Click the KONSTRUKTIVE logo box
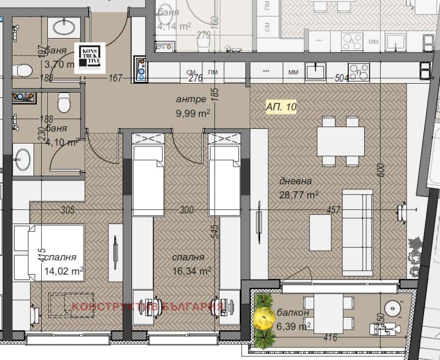90,56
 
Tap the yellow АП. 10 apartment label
280,107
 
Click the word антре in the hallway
191,100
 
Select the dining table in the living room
340,142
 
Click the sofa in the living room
358,231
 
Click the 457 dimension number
333,210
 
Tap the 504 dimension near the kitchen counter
342,79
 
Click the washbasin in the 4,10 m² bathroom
23,159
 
